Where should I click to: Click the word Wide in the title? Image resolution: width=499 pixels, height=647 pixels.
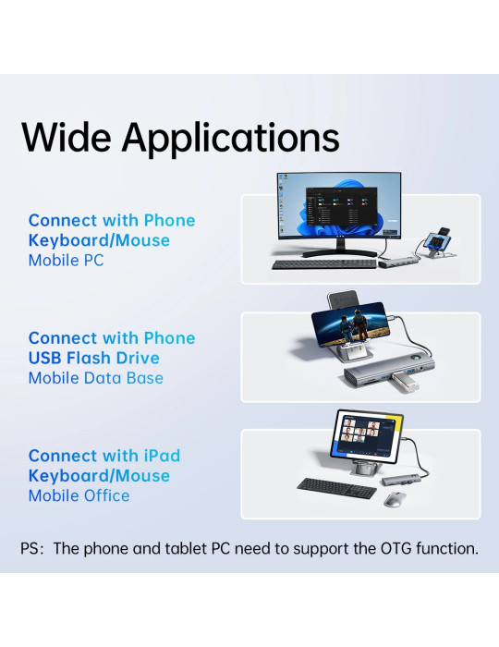(x=67, y=137)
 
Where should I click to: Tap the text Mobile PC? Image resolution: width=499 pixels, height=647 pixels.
(x=66, y=261)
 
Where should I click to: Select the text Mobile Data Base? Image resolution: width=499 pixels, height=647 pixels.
(x=96, y=378)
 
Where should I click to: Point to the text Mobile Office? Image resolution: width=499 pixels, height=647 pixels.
(x=79, y=495)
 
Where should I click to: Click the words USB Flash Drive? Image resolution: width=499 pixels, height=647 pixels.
(x=94, y=358)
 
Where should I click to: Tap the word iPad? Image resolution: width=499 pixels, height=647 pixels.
(x=162, y=456)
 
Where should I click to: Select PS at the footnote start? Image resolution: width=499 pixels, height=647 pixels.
(x=30, y=549)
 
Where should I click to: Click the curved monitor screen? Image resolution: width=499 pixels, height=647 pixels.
(x=339, y=205)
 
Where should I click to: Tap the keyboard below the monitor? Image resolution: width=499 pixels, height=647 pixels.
(x=324, y=264)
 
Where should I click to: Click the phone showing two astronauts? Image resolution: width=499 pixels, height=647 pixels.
(x=350, y=323)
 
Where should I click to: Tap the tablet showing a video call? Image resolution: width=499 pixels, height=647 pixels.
(x=367, y=435)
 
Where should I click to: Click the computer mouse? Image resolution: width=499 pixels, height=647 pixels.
(x=395, y=499)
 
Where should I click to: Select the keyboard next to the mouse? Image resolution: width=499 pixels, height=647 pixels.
(x=337, y=488)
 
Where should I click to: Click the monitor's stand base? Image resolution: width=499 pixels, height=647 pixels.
(x=339, y=253)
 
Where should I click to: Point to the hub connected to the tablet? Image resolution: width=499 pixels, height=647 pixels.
(x=401, y=480)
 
